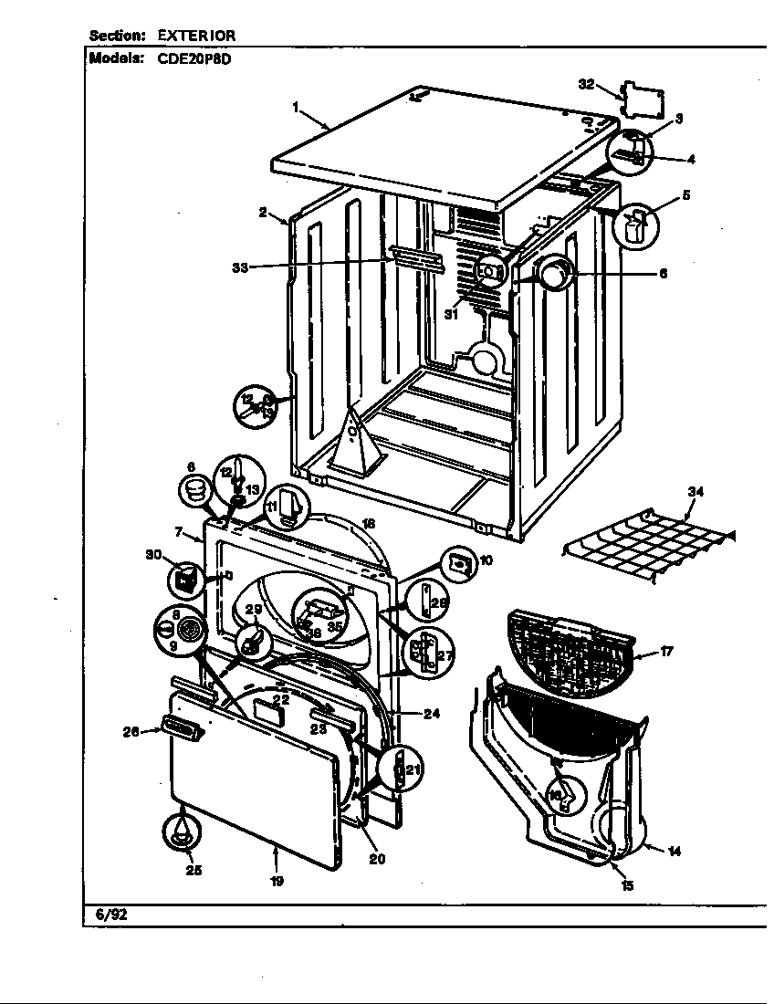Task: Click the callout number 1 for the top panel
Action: [x=296, y=107]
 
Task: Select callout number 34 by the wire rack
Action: [x=696, y=492]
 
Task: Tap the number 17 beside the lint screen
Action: [x=667, y=652]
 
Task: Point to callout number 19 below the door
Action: [x=277, y=881]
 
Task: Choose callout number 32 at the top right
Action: [x=587, y=84]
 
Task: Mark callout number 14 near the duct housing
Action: [x=674, y=852]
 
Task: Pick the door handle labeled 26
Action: [x=178, y=727]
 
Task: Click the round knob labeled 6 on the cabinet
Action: [x=554, y=272]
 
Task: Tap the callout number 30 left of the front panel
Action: [x=152, y=554]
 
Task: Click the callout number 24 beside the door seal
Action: [x=431, y=714]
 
